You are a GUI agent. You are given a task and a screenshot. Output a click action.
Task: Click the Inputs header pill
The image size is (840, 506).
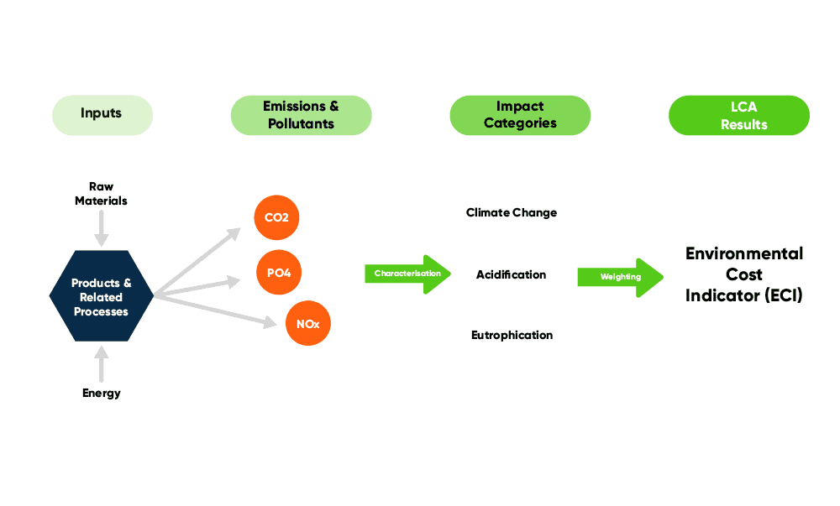click(102, 115)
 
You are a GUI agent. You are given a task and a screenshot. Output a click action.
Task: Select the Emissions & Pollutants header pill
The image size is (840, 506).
click(301, 115)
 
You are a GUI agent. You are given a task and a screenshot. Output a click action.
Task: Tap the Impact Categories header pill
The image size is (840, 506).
click(520, 115)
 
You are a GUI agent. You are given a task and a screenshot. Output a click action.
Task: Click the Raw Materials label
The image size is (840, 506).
click(101, 194)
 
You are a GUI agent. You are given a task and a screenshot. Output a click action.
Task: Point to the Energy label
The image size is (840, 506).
click(102, 393)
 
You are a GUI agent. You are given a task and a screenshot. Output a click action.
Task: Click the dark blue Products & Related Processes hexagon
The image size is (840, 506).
click(102, 296)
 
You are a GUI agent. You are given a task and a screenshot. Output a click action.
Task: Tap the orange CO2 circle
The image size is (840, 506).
click(276, 218)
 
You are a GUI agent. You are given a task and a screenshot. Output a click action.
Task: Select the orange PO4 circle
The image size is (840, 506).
click(279, 273)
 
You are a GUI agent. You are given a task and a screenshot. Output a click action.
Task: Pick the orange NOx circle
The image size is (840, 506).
click(308, 324)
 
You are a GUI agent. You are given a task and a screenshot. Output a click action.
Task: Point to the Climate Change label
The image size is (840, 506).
click(512, 213)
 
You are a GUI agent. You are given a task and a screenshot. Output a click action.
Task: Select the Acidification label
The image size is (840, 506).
click(511, 275)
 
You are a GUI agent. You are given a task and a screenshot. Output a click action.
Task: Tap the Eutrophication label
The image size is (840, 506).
click(512, 335)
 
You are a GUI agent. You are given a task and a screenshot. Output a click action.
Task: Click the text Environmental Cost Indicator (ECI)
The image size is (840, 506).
click(744, 274)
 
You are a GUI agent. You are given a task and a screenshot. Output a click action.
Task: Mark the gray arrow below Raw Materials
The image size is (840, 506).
click(102, 227)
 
